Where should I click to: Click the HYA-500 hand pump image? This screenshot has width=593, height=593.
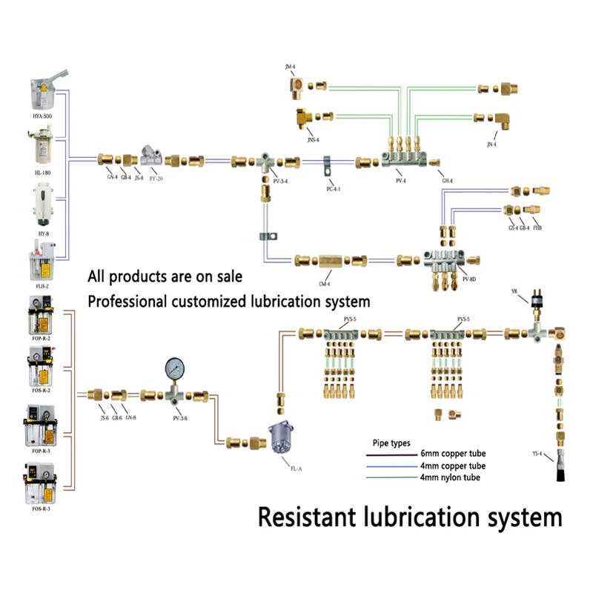[x=46, y=93]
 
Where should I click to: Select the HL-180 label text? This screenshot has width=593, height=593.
[x=42, y=171]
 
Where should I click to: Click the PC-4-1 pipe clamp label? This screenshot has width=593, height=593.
[x=333, y=189]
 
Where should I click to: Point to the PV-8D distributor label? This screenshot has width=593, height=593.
[x=468, y=279]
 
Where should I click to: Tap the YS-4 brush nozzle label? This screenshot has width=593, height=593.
[x=538, y=453]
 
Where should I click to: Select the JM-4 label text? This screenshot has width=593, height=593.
[x=290, y=67]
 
